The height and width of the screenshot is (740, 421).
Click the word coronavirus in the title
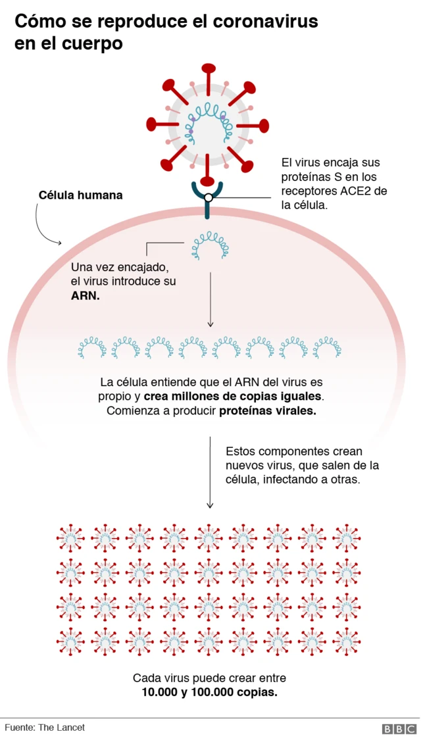coord(265,22)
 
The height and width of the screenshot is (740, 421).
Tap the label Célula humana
coord(80,195)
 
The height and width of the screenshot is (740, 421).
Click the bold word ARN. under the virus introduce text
coord(86,296)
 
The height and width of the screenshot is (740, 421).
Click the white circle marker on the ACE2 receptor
coord(209,197)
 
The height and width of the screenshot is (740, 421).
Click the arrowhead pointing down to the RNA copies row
coord(210,324)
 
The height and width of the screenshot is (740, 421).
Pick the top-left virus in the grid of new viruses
coord(71,537)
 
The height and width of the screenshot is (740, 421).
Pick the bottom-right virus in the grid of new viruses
coord(346,639)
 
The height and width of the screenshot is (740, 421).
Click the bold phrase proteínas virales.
coord(268,411)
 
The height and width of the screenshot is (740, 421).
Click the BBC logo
coord(399,729)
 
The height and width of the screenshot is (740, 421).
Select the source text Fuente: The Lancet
coord(45,728)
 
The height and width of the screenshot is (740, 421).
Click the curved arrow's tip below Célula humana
coord(60,243)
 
